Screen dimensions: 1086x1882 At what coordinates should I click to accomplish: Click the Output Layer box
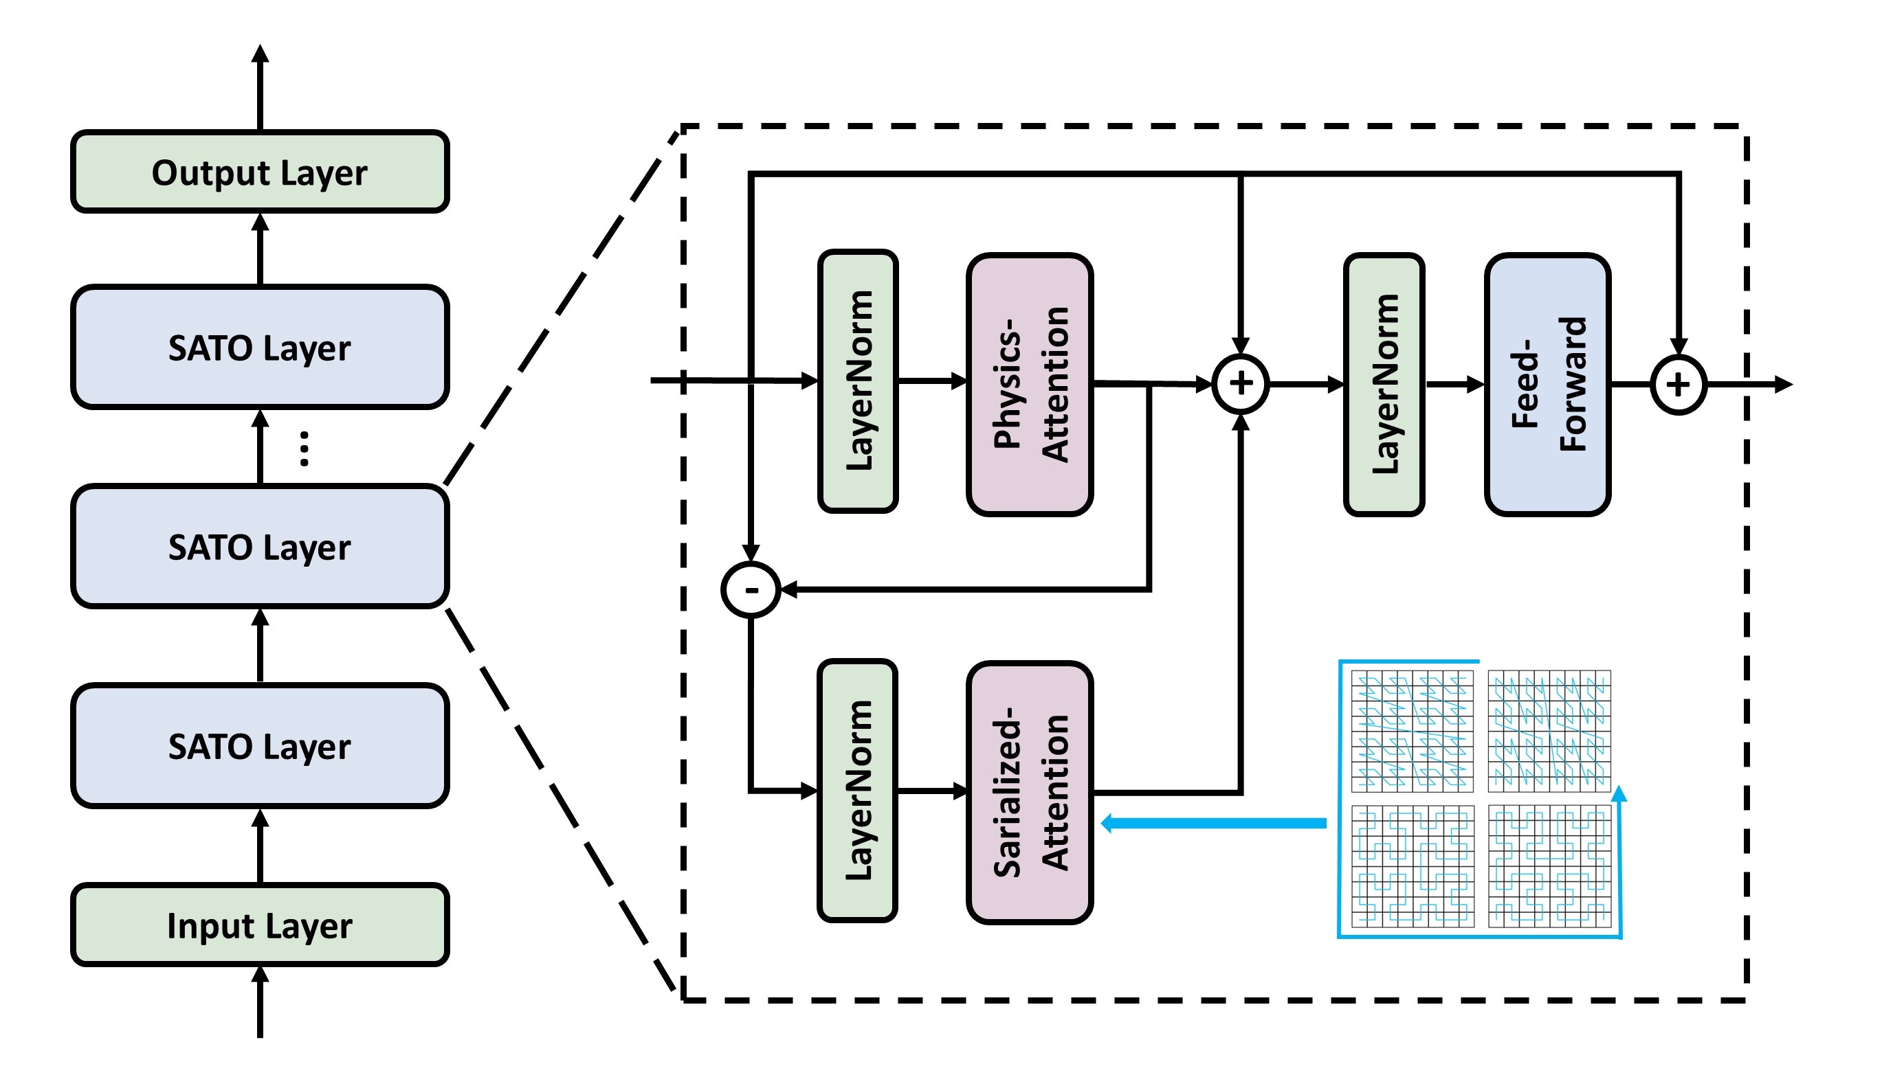(x=260, y=172)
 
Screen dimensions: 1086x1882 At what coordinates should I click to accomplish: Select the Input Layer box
(x=260, y=925)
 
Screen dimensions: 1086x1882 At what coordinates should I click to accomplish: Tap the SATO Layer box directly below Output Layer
(x=260, y=348)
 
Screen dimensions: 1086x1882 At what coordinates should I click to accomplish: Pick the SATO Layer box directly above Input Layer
(x=260, y=746)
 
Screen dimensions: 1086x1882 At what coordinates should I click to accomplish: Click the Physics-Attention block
(x=1030, y=384)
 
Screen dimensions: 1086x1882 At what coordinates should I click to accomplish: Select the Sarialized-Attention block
(x=1030, y=793)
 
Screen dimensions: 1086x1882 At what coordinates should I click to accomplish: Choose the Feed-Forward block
(x=1548, y=384)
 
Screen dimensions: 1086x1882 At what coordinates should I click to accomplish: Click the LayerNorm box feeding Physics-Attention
(x=858, y=381)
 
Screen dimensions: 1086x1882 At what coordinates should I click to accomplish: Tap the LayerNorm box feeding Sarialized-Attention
(x=857, y=791)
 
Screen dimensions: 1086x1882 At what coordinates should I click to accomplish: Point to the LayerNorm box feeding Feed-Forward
(x=1384, y=384)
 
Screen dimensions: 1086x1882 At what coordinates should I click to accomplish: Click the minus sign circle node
(x=751, y=590)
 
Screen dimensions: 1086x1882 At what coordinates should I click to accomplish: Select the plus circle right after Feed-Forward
(x=1679, y=385)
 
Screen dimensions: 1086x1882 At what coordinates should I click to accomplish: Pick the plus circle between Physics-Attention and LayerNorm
(x=1240, y=384)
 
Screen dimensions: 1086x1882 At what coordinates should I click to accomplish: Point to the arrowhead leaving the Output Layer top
(x=260, y=54)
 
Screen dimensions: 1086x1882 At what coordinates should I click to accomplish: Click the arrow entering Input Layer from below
(x=260, y=999)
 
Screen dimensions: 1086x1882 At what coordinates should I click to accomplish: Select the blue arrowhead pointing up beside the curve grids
(x=1619, y=794)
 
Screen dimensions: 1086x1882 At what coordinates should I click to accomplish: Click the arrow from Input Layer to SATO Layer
(x=260, y=846)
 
